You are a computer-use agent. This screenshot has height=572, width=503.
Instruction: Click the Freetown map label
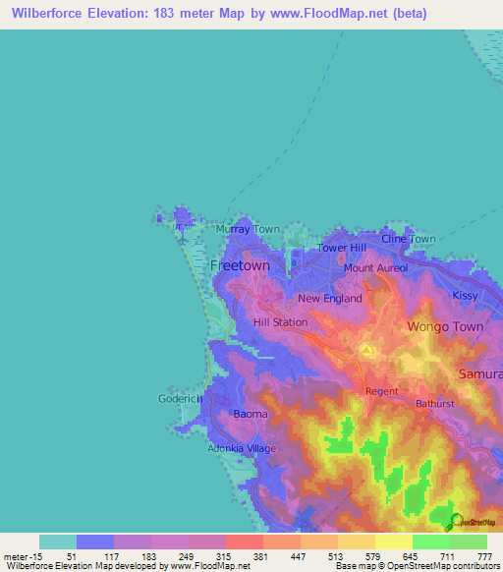click(240, 266)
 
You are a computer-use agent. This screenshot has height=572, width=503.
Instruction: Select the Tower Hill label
click(341, 248)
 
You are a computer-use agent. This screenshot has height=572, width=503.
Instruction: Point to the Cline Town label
click(409, 239)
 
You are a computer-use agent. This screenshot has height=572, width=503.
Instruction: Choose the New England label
click(330, 298)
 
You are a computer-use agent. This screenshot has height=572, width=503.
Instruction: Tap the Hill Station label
click(280, 322)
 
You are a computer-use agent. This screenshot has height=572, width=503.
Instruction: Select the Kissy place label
click(466, 295)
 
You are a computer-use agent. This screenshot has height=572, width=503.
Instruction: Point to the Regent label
click(381, 391)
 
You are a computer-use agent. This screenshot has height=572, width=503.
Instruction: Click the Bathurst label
click(435, 404)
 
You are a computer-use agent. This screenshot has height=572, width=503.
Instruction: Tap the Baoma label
click(250, 414)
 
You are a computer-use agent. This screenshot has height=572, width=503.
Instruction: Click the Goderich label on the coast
click(180, 399)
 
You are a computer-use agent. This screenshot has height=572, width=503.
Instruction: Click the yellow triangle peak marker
click(365, 349)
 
